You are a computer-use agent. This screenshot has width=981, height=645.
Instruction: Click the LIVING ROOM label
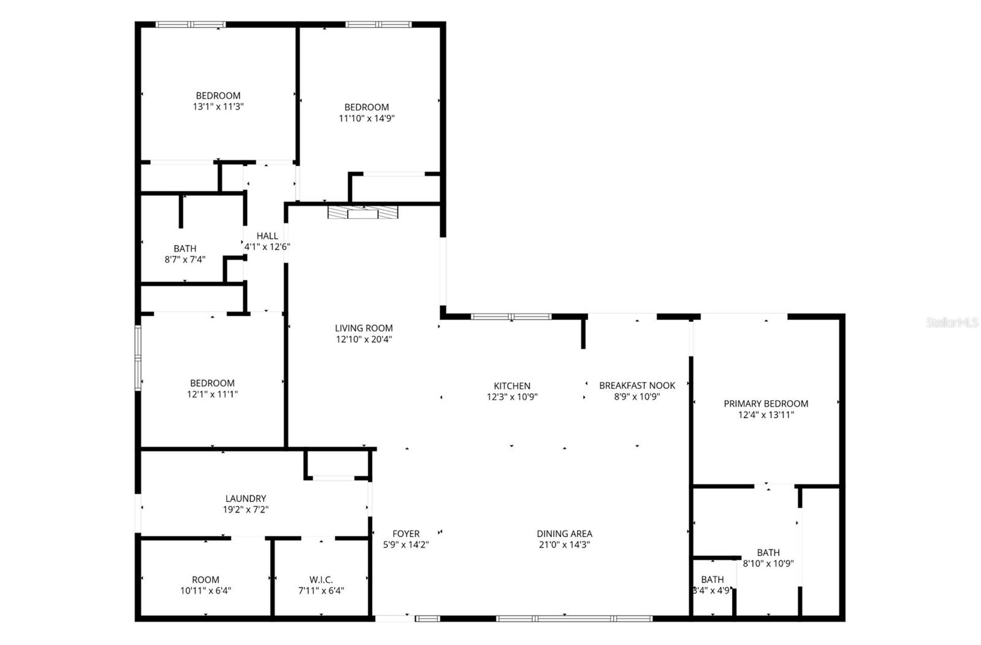pyautogui.click(x=364, y=328)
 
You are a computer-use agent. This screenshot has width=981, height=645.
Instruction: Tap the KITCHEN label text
pyautogui.click(x=512, y=386)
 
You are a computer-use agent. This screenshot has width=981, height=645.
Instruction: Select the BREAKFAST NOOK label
pyautogui.click(x=637, y=385)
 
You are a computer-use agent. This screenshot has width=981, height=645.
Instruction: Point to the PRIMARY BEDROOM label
pyautogui.click(x=766, y=403)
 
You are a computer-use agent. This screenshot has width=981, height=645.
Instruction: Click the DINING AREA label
pyautogui.click(x=564, y=533)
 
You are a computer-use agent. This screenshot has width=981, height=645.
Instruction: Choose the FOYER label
pyautogui.click(x=406, y=533)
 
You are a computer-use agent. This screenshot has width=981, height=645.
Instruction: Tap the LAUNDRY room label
pyautogui.click(x=245, y=498)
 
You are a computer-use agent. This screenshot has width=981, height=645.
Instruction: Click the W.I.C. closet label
pyautogui.click(x=321, y=579)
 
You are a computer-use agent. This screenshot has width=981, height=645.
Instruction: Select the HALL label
pyautogui.click(x=267, y=235)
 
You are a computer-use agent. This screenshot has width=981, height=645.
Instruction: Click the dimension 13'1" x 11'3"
pyautogui.click(x=218, y=107)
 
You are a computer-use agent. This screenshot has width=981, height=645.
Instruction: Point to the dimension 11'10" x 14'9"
pyautogui.click(x=367, y=118)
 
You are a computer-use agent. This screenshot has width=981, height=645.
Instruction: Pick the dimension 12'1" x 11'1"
pyautogui.click(x=212, y=394)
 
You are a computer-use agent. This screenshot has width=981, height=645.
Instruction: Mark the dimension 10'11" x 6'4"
pyautogui.click(x=205, y=591)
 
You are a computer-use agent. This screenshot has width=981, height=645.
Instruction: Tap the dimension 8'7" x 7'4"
pyautogui.click(x=185, y=259)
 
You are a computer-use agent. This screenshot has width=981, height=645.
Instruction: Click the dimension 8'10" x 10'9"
pyautogui.click(x=768, y=563)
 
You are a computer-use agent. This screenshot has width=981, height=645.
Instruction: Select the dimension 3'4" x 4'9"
pyautogui.click(x=712, y=591)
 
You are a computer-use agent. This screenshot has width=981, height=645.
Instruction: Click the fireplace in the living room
pyautogui.click(x=363, y=213)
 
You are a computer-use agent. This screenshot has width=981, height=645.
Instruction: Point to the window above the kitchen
pyautogui.click(x=511, y=316)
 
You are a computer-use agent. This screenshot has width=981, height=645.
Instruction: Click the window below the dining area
pyautogui.click(x=574, y=619)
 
